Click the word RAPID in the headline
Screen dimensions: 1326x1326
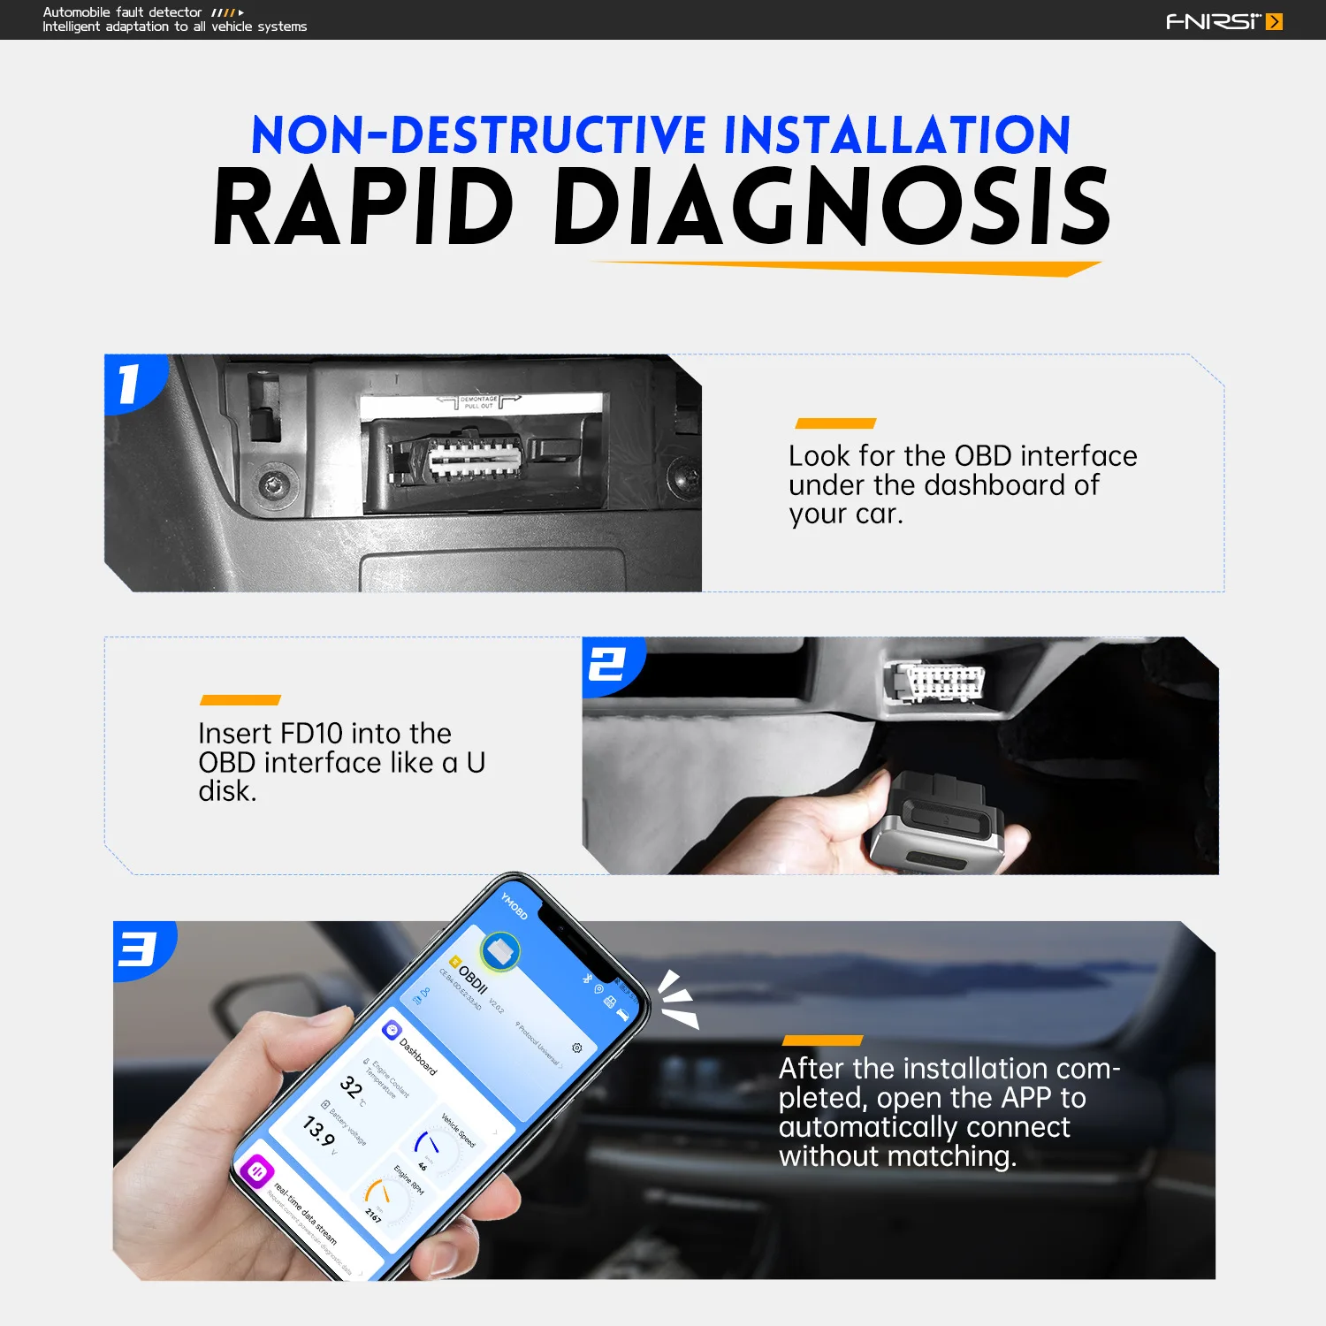pyautogui.click(x=363, y=208)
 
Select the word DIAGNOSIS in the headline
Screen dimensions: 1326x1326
pyautogui.click(x=831, y=208)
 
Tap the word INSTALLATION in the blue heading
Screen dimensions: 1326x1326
pyautogui.click(x=896, y=135)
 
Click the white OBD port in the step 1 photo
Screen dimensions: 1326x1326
pyautogui.click(x=475, y=458)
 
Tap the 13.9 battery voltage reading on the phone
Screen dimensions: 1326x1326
pyautogui.click(x=318, y=1131)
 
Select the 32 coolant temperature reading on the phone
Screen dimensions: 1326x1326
pyautogui.click(x=351, y=1086)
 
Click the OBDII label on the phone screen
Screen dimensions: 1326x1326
pyautogui.click(x=472, y=979)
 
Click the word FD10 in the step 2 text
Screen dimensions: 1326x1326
pyautogui.click(x=310, y=734)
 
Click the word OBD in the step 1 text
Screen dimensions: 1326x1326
pyautogui.click(x=982, y=456)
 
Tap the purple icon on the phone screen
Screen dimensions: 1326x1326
pyautogui.click(x=257, y=1172)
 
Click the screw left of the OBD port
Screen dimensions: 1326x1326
pyautogui.click(x=273, y=484)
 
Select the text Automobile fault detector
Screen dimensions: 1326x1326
pyautogui.click(x=122, y=12)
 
